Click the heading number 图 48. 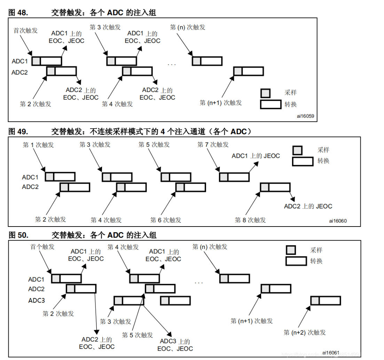coord(18,13)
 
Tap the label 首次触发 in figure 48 coord(25,30)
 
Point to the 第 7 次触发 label coord(213,144)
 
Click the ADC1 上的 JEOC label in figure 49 coord(256,156)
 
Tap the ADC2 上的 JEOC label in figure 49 coord(308,206)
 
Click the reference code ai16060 coord(338,221)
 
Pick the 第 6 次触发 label coord(166,220)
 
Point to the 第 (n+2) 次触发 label coord(305,332)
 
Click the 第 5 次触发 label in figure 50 coord(138,335)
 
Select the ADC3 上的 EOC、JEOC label coord(175,345)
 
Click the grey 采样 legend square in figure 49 coord(297,150)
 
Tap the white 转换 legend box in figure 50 coord(296,261)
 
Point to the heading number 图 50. coord(18,235)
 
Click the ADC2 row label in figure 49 coord(30,187)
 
